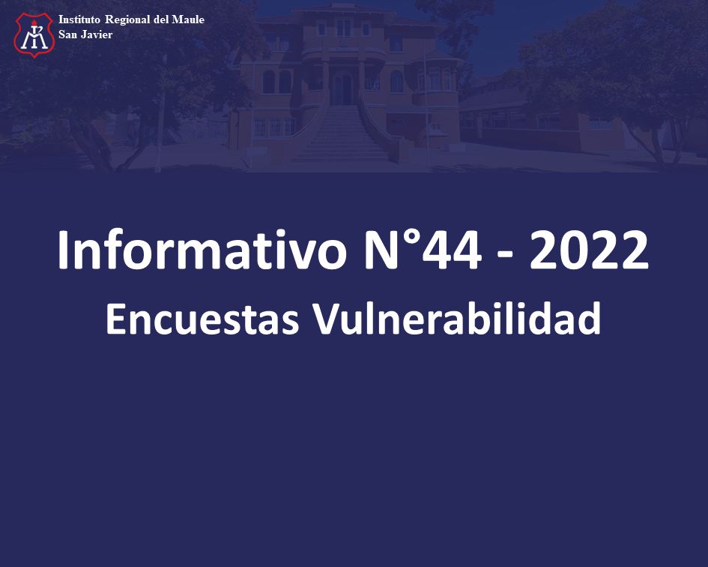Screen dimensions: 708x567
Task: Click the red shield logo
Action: [34, 34]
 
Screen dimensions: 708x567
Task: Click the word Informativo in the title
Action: [202, 250]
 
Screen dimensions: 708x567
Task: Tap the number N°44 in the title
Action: [423, 250]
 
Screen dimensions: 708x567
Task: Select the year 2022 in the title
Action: [589, 250]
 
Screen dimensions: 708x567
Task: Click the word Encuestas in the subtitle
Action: [202, 319]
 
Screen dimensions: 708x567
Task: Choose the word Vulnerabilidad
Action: [457, 319]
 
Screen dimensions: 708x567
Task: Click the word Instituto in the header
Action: [79, 19]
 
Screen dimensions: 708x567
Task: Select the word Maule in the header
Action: [188, 19]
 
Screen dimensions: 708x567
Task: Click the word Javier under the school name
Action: [97, 34]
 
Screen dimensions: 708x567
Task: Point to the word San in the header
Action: [67, 34]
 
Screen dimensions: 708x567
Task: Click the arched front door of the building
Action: [342, 88]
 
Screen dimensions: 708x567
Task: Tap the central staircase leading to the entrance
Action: [342, 133]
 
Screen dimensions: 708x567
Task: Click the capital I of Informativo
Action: [63, 250]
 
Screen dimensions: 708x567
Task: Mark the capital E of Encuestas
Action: [115, 319]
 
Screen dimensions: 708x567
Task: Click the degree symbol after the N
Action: [409, 238]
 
